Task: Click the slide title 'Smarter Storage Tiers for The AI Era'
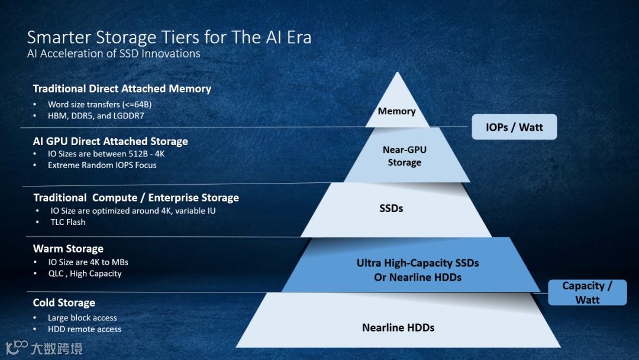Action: coord(169,37)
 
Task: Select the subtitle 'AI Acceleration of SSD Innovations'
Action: coord(114,54)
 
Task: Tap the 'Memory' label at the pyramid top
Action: coord(397,111)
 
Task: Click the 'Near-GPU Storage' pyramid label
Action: coord(405,156)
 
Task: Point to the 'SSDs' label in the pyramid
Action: coord(391,208)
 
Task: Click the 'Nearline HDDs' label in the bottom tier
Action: coord(398,327)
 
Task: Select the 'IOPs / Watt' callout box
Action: coord(514,127)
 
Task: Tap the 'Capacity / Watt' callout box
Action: coord(587,292)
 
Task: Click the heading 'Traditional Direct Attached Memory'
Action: coord(122,89)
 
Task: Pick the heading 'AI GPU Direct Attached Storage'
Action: coord(110,142)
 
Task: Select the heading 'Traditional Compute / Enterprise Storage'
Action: coord(136,198)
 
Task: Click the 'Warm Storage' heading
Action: coord(68,249)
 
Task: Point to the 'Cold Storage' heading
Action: coord(64,303)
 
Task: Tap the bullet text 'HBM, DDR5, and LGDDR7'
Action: coord(96,116)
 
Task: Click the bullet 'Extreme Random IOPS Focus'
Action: coord(102,165)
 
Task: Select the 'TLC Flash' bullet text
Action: coord(68,222)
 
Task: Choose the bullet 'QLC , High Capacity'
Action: coord(85,274)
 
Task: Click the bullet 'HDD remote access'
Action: coord(85,329)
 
